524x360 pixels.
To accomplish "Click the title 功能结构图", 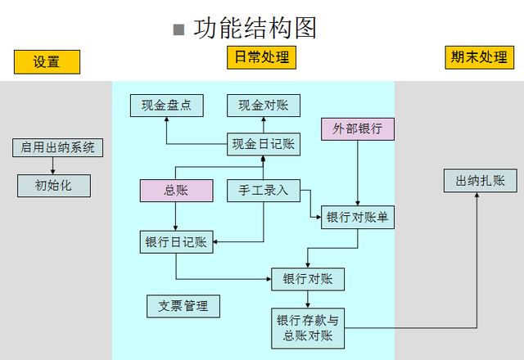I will point(255,29).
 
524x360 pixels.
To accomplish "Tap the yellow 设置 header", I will point(47,62).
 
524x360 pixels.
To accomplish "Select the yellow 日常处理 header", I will point(260,57).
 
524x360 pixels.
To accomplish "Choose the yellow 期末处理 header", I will point(478,57).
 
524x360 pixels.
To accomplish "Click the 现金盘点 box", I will point(166,106).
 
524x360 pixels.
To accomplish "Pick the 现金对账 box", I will point(263,106).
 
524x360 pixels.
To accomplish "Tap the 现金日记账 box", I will point(262,145).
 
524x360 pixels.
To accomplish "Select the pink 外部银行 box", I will point(357,129).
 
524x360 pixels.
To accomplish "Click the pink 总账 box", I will point(175,191).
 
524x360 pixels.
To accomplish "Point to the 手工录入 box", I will point(263,191).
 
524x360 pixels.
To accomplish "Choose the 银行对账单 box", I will point(357,217).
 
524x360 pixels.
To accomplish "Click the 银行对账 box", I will point(308,279).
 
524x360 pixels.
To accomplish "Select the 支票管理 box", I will point(183,306).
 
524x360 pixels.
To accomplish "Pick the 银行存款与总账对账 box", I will point(308,327).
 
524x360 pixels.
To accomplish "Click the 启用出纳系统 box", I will point(57,148).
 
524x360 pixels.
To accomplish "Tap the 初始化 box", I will point(53,186).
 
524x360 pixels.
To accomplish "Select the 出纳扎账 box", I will point(480,181).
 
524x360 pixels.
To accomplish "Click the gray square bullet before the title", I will point(178,30).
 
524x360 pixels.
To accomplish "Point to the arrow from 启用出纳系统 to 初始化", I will point(53,165).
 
